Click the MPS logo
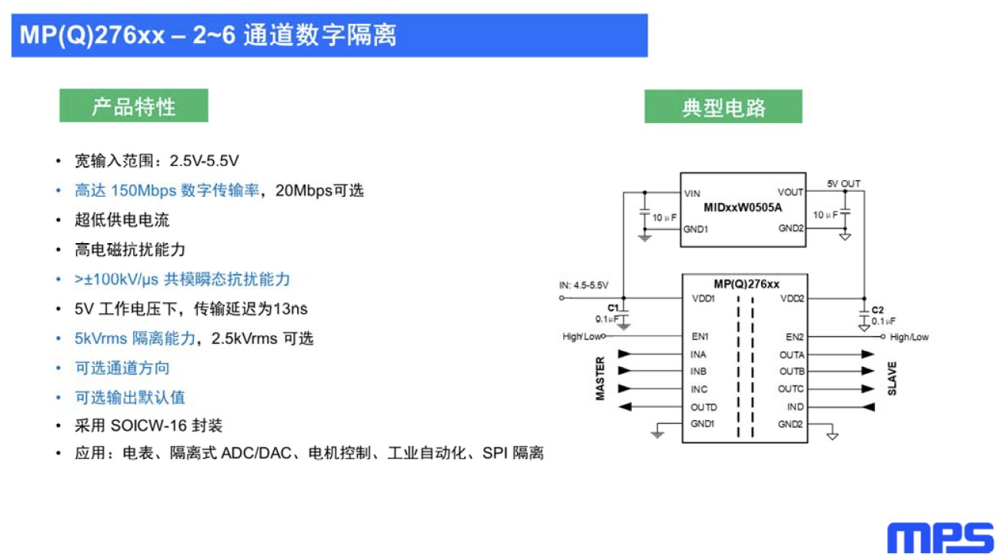click(x=940, y=538)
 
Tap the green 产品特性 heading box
click(x=134, y=105)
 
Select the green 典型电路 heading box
click(x=723, y=106)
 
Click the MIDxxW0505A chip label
click(x=743, y=208)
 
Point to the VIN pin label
click(x=692, y=194)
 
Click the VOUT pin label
click(x=790, y=192)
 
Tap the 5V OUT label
click(x=843, y=184)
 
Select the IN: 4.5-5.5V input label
click(x=583, y=285)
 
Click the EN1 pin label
click(x=700, y=336)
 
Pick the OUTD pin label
click(x=703, y=408)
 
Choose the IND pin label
click(x=795, y=407)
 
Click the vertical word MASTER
click(x=600, y=378)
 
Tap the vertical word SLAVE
click(x=892, y=379)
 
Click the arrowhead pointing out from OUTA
click(x=868, y=355)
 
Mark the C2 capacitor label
click(x=877, y=310)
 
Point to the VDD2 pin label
click(x=792, y=298)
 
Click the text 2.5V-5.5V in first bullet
click(x=204, y=161)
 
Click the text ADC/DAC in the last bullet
click(x=256, y=453)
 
